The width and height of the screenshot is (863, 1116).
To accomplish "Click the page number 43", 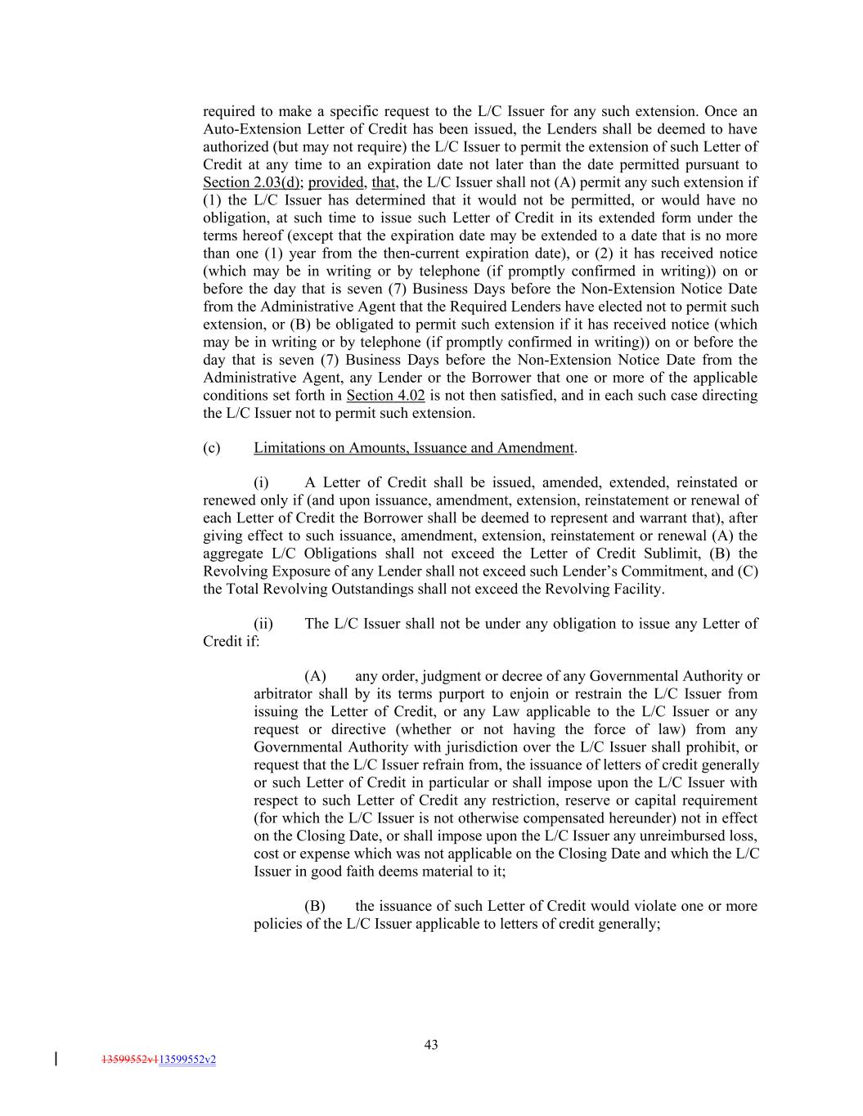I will click(431, 1044).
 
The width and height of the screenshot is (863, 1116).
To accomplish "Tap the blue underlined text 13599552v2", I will click(187, 1060).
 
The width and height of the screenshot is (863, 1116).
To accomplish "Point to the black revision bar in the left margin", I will click(56, 1060).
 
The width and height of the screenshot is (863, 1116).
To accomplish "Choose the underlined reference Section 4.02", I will click(385, 396).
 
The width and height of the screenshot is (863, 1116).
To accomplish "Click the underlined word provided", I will click(335, 182).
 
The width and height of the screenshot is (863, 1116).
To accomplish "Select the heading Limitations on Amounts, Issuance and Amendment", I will click(413, 448).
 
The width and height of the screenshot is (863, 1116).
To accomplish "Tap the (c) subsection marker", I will click(211, 448).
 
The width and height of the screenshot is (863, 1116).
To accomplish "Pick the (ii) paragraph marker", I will click(263, 624).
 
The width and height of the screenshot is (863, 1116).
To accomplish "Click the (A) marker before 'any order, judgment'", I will click(315, 676).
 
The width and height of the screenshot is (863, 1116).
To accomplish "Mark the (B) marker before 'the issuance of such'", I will click(315, 906).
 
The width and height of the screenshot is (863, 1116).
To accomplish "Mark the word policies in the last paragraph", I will click(277, 924).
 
